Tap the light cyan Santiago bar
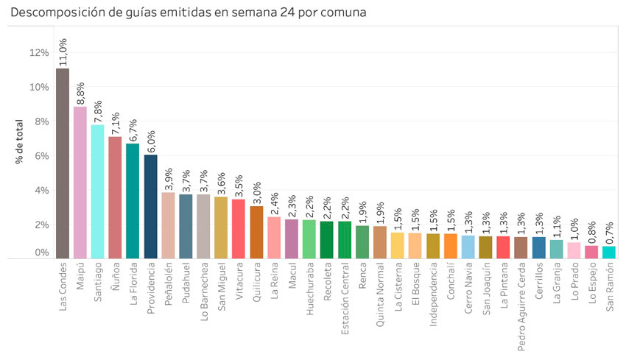pos(98,191)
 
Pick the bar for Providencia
pos(150,207)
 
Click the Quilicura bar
pos(256,233)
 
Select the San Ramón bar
pos(608,253)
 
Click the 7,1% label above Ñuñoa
pos(116,121)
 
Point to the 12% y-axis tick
pos(38,53)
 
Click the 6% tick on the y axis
pos(41,156)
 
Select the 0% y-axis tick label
pos(41,253)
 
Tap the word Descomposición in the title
pos(54,13)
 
